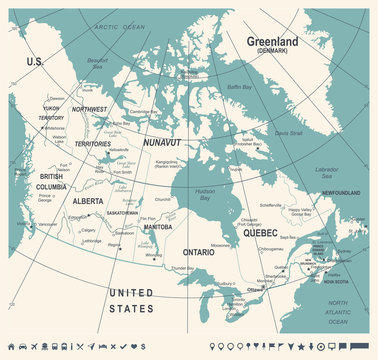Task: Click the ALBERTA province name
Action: pos(87,200)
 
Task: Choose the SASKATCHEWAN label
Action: pos(123,213)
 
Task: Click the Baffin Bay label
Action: pos(268,87)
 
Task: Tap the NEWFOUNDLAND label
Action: pos(340,193)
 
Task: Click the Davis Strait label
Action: pos(288,132)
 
